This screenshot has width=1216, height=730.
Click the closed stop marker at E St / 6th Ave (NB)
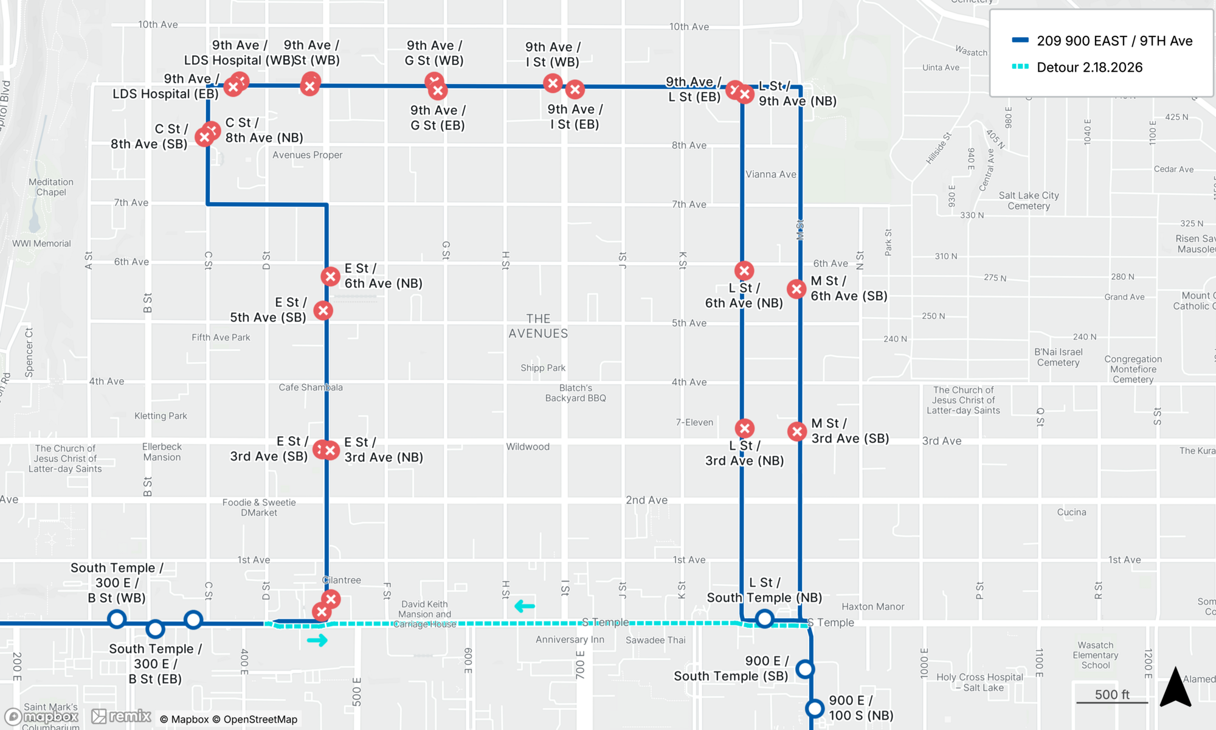(x=330, y=277)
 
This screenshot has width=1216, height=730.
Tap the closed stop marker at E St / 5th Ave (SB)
(x=323, y=311)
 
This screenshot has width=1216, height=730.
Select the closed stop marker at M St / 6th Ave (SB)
(x=796, y=289)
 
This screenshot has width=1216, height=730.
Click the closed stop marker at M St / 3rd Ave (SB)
(x=796, y=432)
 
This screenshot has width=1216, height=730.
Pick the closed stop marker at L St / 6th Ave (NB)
(x=744, y=271)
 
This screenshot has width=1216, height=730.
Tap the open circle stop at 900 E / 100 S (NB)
(x=815, y=709)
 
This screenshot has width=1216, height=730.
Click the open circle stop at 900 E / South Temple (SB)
(x=805, y=669)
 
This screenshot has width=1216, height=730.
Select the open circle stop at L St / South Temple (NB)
(x=764, y=619)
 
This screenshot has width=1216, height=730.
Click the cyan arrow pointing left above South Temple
(x=524, y=606)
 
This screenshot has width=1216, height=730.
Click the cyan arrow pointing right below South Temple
(x=317, y=640)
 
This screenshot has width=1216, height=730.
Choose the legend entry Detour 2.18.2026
(x=1089, y=68)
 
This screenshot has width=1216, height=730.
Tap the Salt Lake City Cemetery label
(x=1029, y=201)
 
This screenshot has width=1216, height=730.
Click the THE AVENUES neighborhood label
(x=538, y=326)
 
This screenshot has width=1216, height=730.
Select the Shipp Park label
(x=543, y=368)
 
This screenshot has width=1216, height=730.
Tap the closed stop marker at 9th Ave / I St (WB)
(x=553, y=83)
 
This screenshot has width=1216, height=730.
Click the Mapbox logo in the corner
(x=43, y=717)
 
